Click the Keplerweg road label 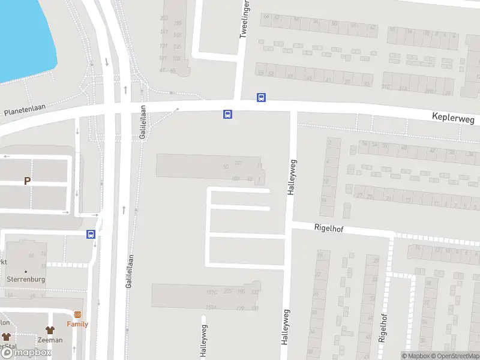click(x=453, y=119)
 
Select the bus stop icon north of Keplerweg click(x=261, y=97)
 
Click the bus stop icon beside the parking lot click(x=91, y=235)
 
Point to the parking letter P click(x=27, y=181)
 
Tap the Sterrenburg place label click(x=26, y=279)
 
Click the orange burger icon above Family click(x=77, y=314)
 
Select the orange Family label click(x=77, y=324)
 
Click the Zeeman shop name click(x=49, y=340)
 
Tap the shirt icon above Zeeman click(x=49, y=330)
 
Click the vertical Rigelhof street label click(x=383, y=328)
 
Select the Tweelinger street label click(x=244, y=19)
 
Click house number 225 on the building click(x=227, y=291)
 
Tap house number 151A click(x=210, y=308)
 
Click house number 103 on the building click(x=235, y=178)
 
